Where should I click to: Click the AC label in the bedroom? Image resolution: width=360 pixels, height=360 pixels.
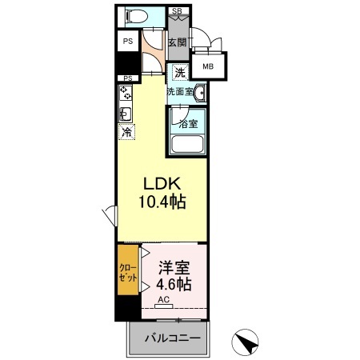tap(163, 300)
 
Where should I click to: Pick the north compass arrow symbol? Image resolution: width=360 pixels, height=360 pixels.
tap(247, 343)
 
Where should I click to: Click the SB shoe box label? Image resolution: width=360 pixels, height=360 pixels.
tap(177, 10)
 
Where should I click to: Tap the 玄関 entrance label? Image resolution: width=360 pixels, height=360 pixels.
tap(177, 42)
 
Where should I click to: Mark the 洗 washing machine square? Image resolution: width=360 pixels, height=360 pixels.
tap(181, 73)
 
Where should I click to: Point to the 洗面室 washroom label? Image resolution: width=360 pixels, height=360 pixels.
tap(179, 92)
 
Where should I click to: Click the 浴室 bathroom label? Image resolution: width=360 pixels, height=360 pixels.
tap(187, 124)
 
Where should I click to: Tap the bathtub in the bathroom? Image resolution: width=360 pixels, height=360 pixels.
tap(187, 145)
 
